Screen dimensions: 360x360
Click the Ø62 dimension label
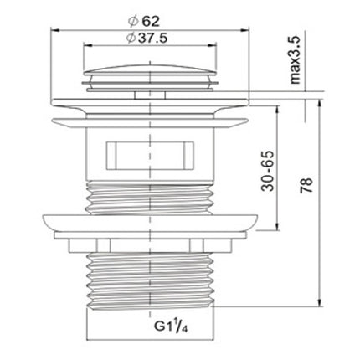[144, 21]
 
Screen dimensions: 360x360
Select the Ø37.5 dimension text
[147, 38]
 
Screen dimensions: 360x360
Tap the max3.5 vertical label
[295, 59]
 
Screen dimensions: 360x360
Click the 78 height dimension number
[306, 185]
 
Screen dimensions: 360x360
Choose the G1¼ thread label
[172, 327]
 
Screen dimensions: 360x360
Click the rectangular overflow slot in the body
[150, 156]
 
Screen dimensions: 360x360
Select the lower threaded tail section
[151, 280]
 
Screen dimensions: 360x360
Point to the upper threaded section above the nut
[150, 198]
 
